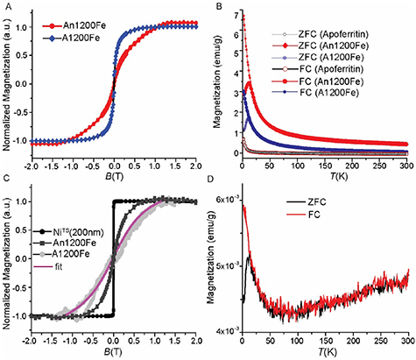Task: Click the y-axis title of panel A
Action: coord(8,88)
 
